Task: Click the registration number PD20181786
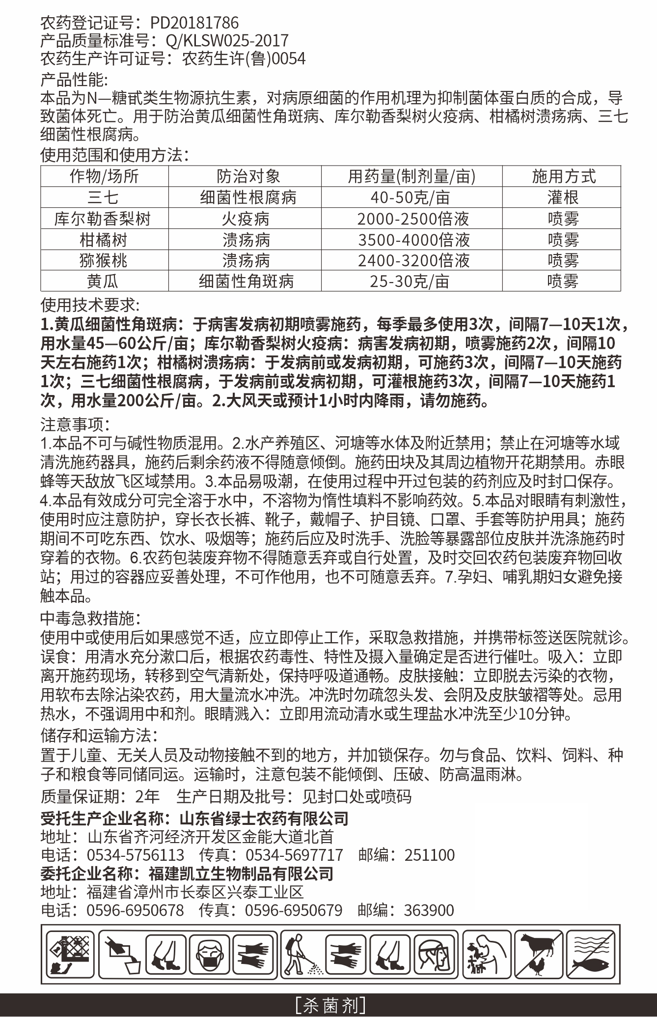tap(194, 23)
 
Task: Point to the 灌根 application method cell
tap(563, 198)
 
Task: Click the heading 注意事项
tap(74, 423)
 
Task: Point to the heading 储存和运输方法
tap(98, 735)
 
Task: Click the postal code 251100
tap(429, 855)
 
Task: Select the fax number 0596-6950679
tap(293, 910)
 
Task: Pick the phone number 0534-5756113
tap(136, 855)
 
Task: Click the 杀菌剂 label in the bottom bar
tap(328, 1005)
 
